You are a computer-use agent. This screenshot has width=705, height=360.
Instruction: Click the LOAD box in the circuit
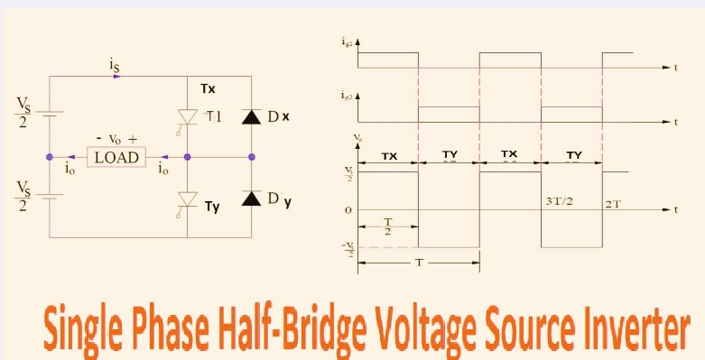117,157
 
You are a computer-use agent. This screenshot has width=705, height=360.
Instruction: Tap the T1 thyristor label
213,116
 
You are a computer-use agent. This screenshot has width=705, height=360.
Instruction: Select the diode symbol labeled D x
252,117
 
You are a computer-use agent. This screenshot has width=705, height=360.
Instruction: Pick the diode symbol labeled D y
252,199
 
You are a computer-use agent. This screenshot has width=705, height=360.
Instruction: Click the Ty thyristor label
212,207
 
